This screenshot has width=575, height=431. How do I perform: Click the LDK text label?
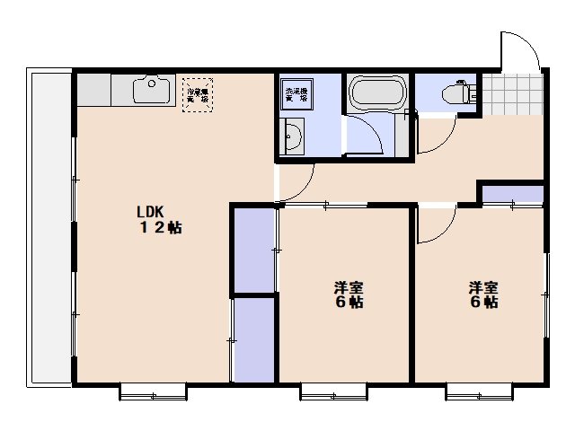pos(149,212)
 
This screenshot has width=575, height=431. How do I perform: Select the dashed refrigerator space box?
pos(199,94)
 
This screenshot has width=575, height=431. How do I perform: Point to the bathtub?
pos(378,93)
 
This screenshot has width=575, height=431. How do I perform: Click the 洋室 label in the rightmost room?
pos(482,288)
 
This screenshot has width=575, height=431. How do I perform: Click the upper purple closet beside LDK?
pos(253,250)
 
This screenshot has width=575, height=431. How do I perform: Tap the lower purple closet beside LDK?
pos(253,339)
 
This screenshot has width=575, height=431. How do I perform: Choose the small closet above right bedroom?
pos(512,194)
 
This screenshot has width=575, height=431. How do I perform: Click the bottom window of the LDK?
pos(153,390)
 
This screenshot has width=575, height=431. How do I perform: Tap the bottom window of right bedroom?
pos(480,390)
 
